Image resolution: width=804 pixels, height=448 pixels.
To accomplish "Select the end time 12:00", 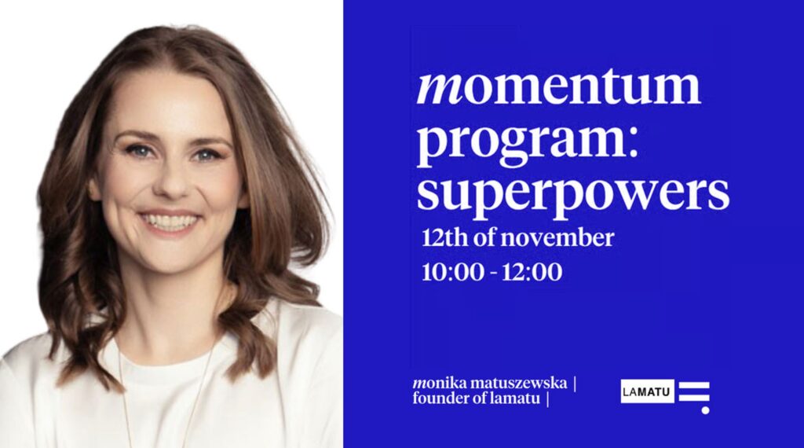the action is (532, 272).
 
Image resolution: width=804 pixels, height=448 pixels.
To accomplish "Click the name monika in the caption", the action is (439, 383).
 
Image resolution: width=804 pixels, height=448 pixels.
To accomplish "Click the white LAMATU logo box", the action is (647, 392).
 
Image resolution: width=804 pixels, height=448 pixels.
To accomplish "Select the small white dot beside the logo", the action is (706, 410).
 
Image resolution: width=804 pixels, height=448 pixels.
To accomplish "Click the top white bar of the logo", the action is (694, 384).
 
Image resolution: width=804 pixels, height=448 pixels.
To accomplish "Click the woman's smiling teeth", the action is (170, 221).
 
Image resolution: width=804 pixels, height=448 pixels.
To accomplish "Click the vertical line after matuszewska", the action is (574, 384).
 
